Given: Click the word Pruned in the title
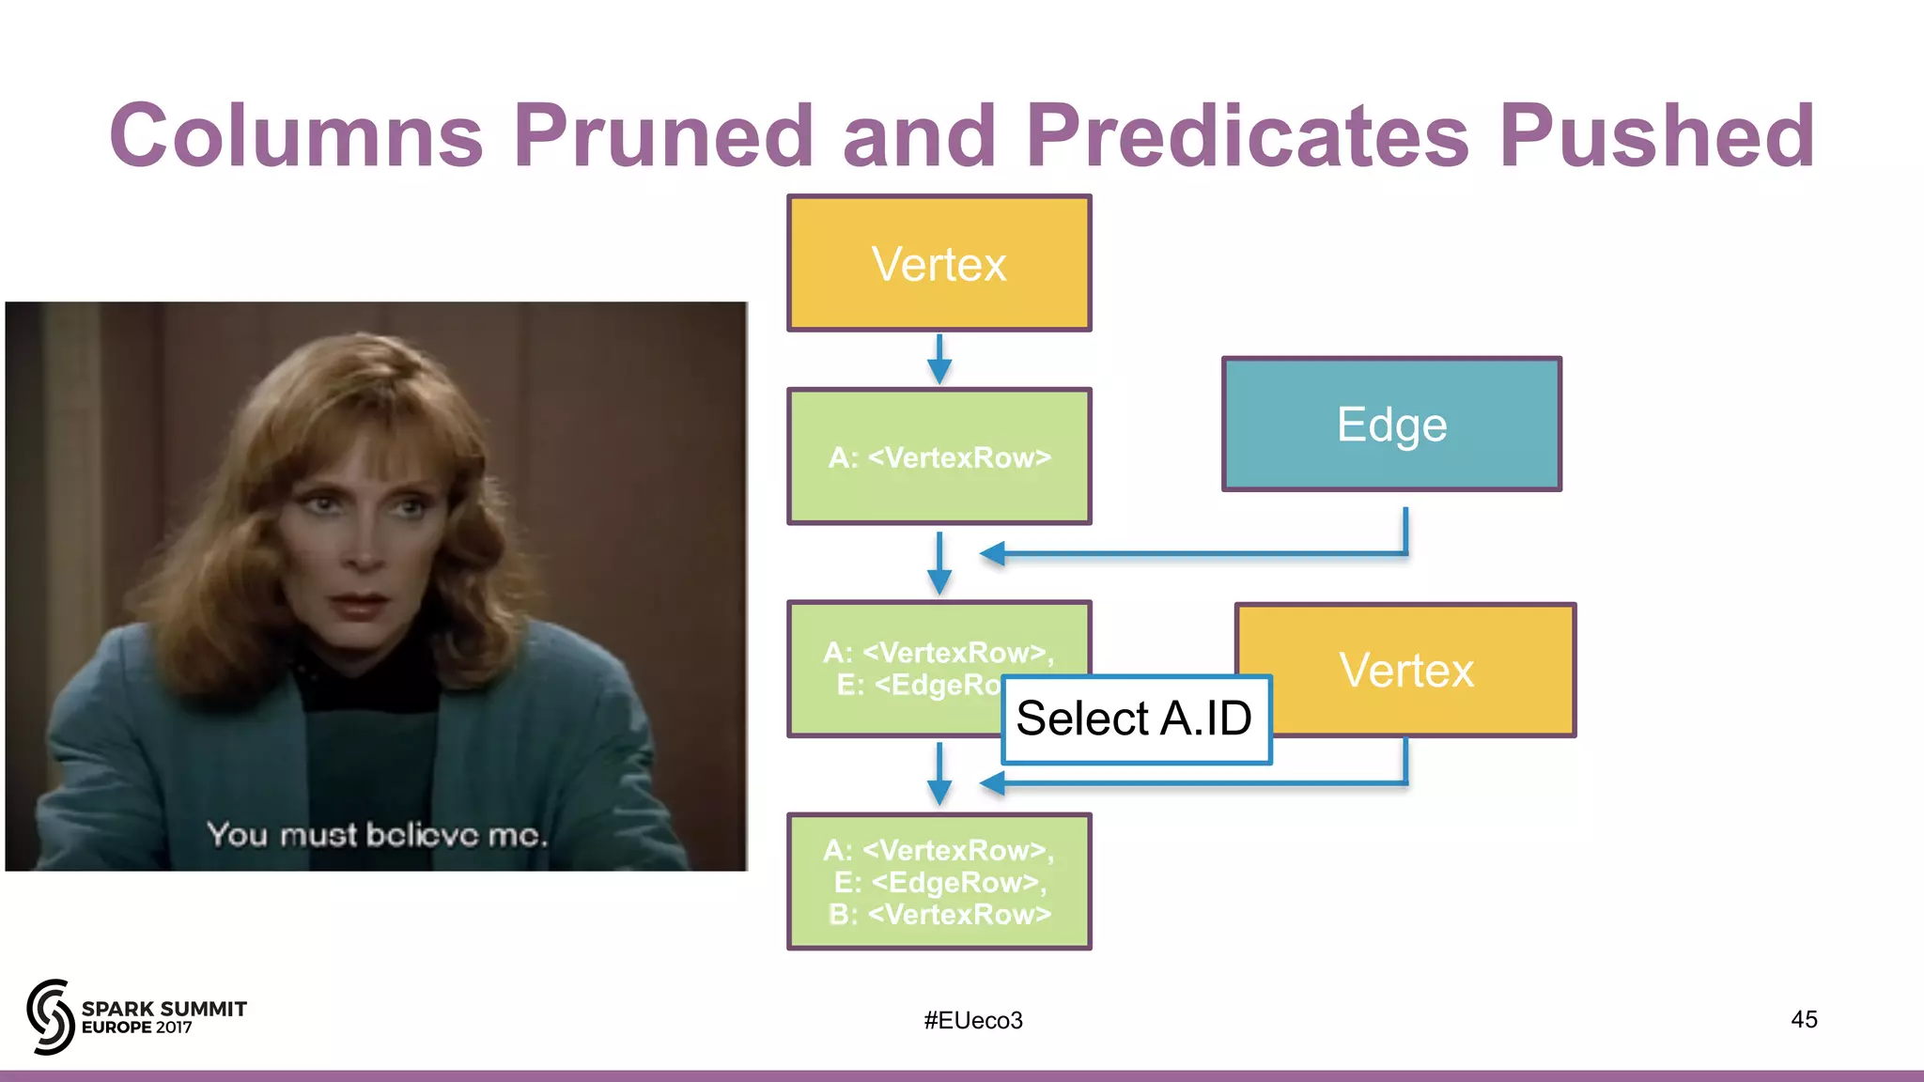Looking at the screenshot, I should [662, 136].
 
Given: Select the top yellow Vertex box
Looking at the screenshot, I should [939, 263].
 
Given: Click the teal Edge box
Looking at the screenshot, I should [1391, 424].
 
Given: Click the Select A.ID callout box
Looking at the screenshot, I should [1135, 719].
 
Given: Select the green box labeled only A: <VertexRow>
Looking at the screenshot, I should [939, 456].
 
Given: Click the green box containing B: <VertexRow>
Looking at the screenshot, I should [939, 881].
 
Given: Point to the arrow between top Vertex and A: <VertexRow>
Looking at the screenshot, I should [939, 359].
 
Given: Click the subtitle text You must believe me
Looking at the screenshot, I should [376, 834].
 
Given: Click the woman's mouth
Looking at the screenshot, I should [359, 602].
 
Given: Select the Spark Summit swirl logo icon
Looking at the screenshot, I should [50, 1016].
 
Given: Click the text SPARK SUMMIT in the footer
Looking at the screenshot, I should [164, 1009].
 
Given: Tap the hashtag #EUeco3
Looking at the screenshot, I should [972, 1020].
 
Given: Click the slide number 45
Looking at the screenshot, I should [1803, 1019].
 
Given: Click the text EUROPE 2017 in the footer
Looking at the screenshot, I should [137, 1028].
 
